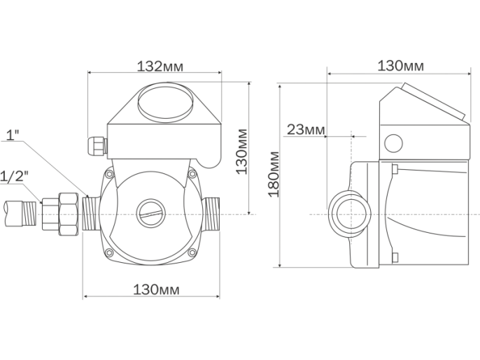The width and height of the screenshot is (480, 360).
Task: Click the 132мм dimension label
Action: tap(153, 66)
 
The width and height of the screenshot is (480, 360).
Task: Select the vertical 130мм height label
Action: tap(242, 151)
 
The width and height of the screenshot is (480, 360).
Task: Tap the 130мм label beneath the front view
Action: tap(153, 289)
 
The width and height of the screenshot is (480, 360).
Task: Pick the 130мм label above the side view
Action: tap(400, 66)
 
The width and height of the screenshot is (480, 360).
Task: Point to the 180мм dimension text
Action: tap(274, 174)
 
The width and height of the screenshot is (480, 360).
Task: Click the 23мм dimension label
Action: tap(305, 129)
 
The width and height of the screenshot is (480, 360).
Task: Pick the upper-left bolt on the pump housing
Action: tap(108, 173)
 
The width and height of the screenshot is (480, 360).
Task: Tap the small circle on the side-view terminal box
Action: tap(393, 143)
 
